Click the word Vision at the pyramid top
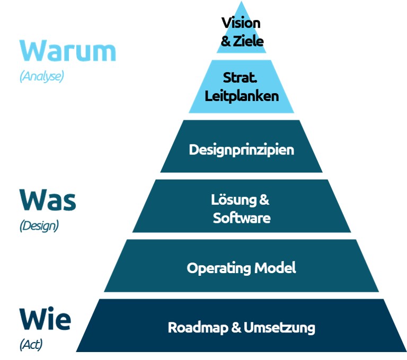pos(241,23)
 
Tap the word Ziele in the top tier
pos(248,41)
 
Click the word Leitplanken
pos(241,96)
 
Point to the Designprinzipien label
pos(241,149)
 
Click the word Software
pos(241,218)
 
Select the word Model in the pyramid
pos(276,268)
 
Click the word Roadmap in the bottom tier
pos(198,327)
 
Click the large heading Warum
pos(67,51)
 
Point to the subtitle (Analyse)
pos(41,76)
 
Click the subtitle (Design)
pos(39,226)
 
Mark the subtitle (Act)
pos(31,345)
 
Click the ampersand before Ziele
pos(226,41)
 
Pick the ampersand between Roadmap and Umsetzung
pos(237,327)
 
